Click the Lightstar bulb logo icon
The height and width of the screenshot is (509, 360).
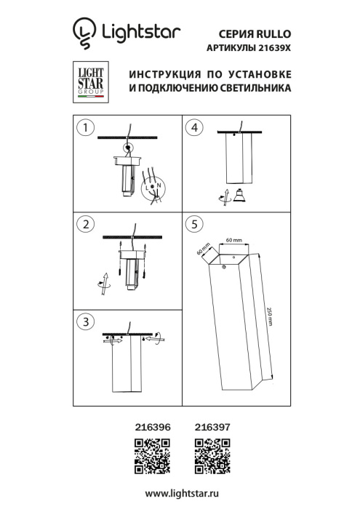tap(84, 33)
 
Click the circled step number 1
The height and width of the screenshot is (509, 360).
tap(87, 129)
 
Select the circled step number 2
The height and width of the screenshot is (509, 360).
tap(87, 224)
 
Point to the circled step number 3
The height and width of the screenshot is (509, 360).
tap(87, 321)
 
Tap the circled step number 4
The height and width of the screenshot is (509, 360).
tap(193, 129)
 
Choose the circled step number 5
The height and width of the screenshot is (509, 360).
tap(193, 224)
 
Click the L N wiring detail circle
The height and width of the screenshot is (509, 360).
tap(156, 188)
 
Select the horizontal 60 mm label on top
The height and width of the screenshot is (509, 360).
tap(233, 239)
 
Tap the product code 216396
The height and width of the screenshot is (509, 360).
tap(153, 430)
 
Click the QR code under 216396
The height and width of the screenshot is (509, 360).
tap(153, 454)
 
